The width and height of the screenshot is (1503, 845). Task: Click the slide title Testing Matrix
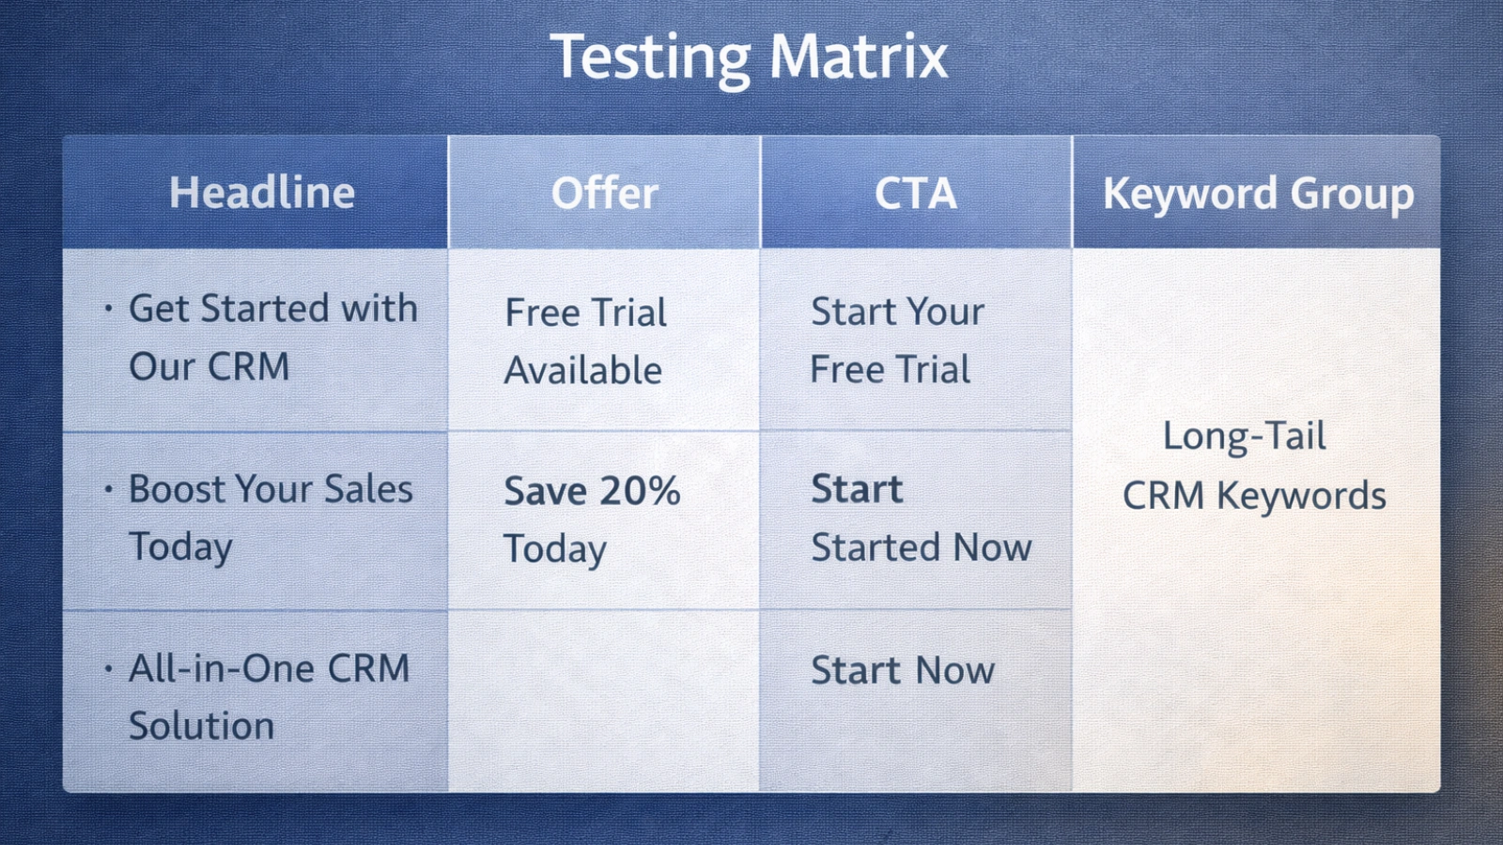click(x=749, y=56)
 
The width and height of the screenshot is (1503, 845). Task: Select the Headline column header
click(x=261, y=193)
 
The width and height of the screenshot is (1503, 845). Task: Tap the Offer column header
click(x=604, y=193)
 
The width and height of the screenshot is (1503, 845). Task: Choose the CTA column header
click(x=916, y=193)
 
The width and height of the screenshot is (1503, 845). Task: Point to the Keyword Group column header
click(x=1258, y=193)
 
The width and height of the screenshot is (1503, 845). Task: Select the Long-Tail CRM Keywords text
click(x=1254, y=466)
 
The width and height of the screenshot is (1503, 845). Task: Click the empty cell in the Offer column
click(x=604, y=700)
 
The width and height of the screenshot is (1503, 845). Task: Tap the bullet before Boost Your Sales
click(x=109, y=489)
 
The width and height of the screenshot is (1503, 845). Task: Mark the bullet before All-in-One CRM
click(x=109, y=668)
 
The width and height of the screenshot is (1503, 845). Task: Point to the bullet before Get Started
click(x=109, y=308)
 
